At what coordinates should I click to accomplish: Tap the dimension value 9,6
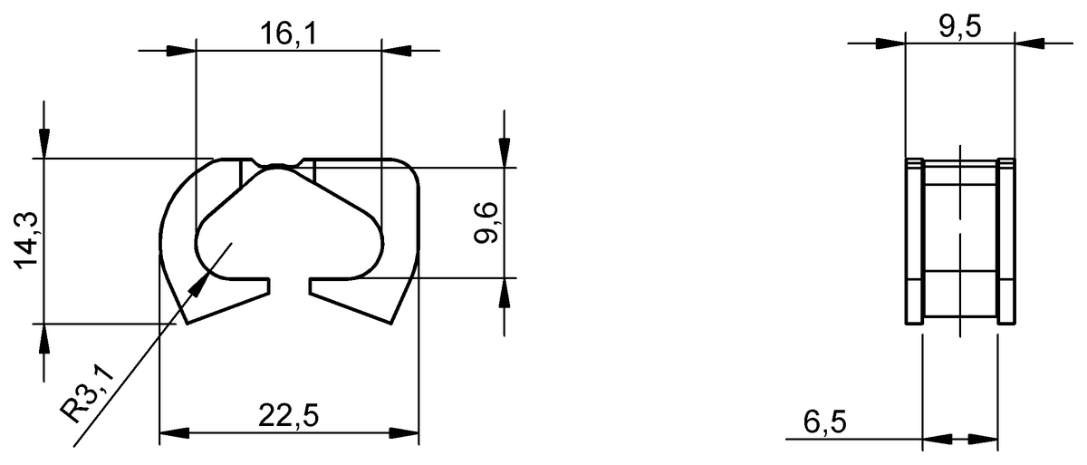486,222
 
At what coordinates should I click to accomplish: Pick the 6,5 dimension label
823,421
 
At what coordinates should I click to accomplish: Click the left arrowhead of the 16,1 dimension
182,50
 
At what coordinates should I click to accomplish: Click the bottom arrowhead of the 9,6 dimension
505,292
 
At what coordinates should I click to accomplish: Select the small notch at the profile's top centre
278,164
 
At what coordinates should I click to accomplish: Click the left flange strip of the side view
914,240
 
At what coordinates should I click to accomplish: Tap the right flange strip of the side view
1005,240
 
